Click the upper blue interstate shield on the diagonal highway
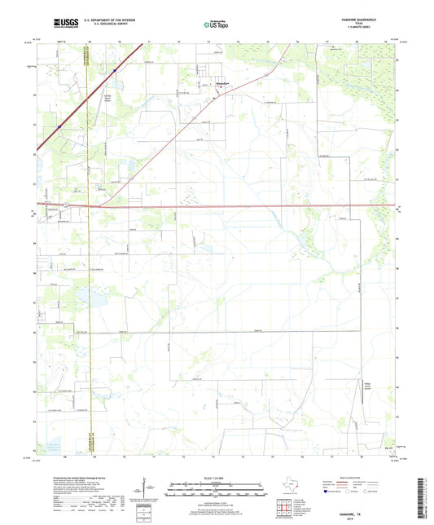115,71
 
